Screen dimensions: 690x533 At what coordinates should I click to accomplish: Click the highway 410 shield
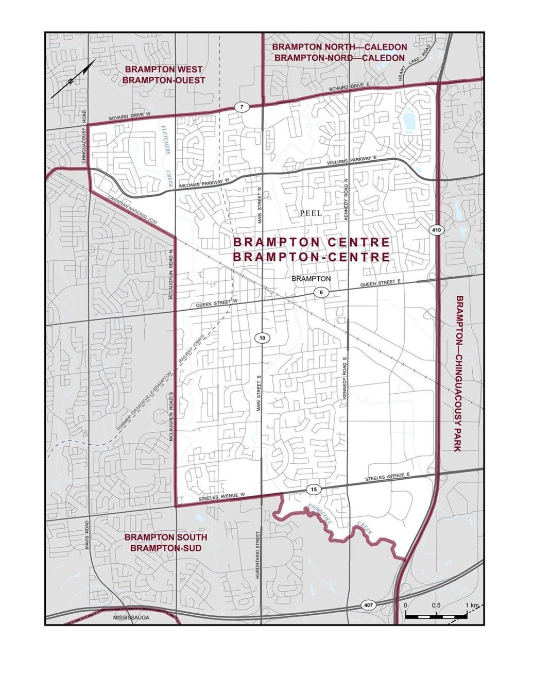(x=436, y=230)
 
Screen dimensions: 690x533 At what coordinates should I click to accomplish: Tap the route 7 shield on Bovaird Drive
(x=242, y=107)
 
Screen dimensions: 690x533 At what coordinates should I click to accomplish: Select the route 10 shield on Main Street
(x=262, y=338)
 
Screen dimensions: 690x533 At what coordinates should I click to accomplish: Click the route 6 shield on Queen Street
(x=321, y=293)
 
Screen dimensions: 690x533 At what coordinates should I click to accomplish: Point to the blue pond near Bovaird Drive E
(x=411, y=121)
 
